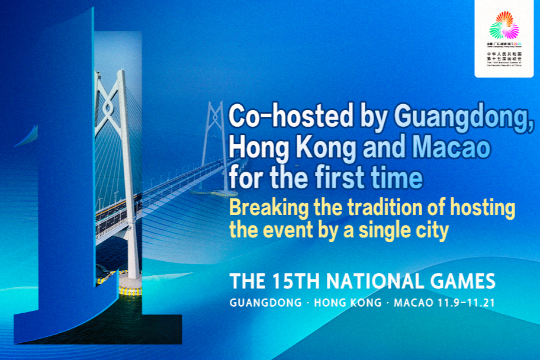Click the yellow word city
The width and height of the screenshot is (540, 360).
tap(432, 230)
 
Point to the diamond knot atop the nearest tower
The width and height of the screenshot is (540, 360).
tap(108, 107)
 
